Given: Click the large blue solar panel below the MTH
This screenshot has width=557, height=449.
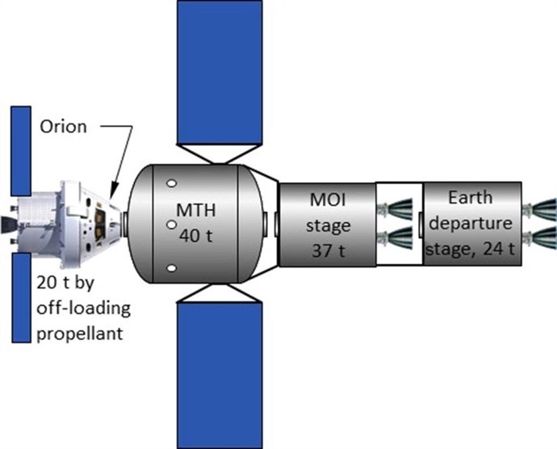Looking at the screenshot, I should point(219,376).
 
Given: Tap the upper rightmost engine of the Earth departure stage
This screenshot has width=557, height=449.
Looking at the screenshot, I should point(540,210).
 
